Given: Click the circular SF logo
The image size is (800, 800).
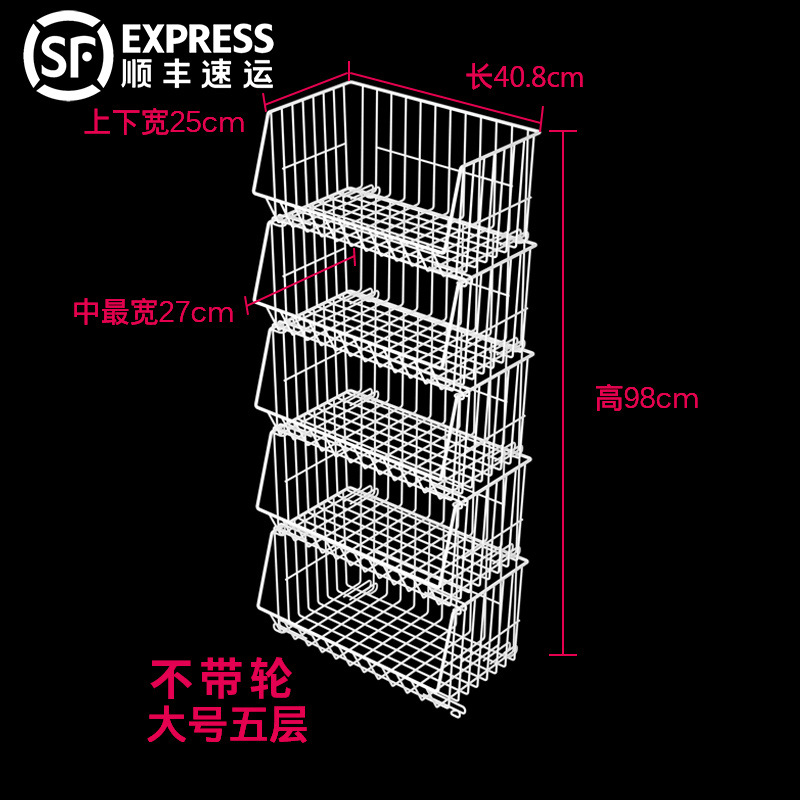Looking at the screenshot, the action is pyautogui.click(x=68, y=55).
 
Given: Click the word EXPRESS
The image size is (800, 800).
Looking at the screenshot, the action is pyautogui.click(x=196, y=39).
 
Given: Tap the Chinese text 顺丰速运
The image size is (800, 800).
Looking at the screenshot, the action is pyautogui.click(x=196, y=73).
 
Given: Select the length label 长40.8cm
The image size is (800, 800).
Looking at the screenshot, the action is pyautogui.click(x=524, y=77).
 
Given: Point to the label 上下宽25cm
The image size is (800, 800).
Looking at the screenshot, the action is pyautogui.click(x=163, y=123).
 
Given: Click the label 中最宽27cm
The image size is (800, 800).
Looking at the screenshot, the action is pyautogui.click(x=153, y=313).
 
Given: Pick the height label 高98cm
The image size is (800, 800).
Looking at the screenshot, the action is pyautogui.click(x=646, y=400).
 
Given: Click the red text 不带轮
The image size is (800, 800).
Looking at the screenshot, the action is pyautogui.click(x=222, y=680).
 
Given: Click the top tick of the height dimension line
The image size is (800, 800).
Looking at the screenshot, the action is pyautogui.click(x=564, y=130).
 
